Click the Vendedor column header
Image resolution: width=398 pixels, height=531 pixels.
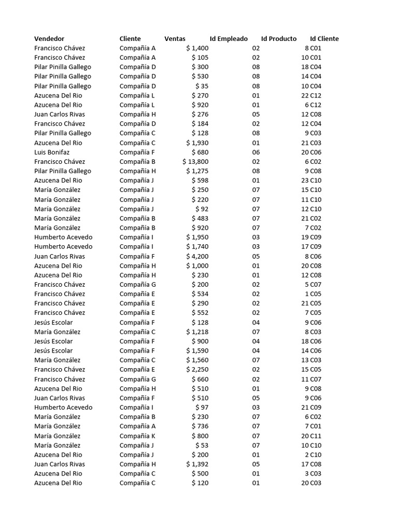coord(49,39)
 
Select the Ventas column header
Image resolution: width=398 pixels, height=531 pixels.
coord(175,39)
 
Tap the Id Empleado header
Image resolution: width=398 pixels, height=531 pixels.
coord(229,39)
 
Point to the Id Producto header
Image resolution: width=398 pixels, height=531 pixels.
coord(279,39)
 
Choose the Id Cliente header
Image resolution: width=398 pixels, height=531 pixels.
coord(324,39)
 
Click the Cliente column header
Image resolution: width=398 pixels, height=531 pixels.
coord(130,39)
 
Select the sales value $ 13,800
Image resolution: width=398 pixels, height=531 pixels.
coord(195,162)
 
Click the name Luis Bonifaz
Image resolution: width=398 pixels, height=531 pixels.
coord(51,152)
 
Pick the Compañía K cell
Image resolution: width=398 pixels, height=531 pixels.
coord(137,436)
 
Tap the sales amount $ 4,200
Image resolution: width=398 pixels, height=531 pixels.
coord(197,256)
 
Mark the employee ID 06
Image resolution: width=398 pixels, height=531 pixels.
coord(256,152)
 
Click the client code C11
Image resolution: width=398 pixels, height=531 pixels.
coord(316,436)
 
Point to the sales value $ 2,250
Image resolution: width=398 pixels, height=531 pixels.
coord(197,370)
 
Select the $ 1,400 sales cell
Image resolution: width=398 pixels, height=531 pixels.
coord(197,48)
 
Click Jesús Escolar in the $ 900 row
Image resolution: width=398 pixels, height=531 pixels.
coord(53,341)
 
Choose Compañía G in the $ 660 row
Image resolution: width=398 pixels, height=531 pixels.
coord(138,379)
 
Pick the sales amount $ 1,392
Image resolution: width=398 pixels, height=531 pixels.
coord(197,464)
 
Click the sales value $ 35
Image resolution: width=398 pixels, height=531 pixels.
coord(202,86)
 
